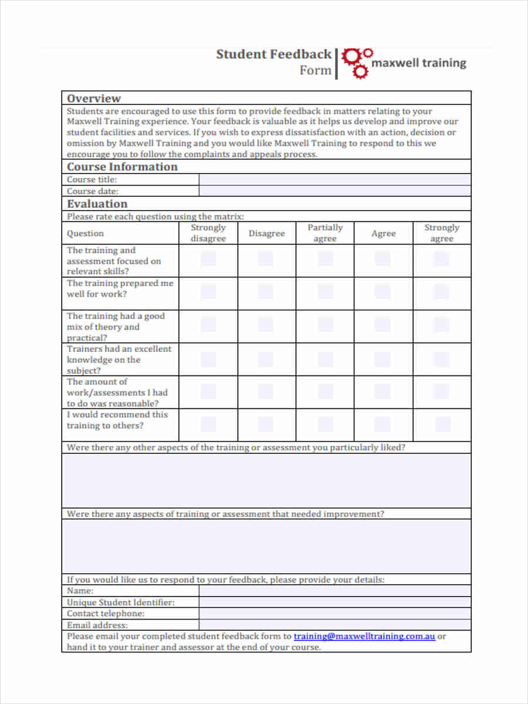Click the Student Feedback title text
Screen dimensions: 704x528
273,55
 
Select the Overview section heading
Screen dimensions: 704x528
94,98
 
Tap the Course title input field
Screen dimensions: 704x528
334,180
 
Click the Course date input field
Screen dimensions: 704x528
334,191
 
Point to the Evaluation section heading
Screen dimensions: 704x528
97,204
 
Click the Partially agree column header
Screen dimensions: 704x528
325,233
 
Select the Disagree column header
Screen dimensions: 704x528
266,233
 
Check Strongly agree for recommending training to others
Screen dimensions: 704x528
442,424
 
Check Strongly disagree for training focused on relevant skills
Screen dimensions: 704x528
208,259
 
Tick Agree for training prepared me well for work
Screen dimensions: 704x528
383,292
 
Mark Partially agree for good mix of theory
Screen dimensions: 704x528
325,325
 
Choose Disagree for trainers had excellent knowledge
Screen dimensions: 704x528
266,359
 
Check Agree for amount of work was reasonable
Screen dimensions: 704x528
383,391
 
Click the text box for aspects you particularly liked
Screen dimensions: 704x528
266,480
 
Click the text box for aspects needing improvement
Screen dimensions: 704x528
266,546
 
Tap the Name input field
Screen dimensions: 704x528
334,591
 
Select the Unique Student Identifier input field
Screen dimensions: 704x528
334,602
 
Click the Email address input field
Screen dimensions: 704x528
334,625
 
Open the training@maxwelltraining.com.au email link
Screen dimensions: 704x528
364,636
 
